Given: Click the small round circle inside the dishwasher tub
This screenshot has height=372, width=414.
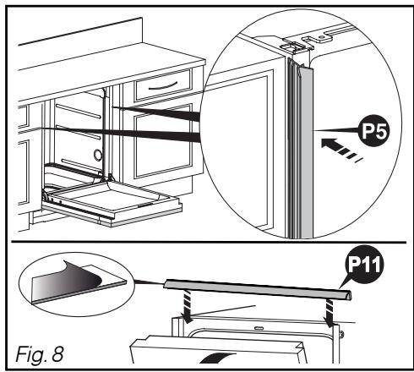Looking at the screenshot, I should coord(98,155).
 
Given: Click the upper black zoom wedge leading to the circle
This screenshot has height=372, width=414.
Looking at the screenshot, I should coord(161,110).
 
